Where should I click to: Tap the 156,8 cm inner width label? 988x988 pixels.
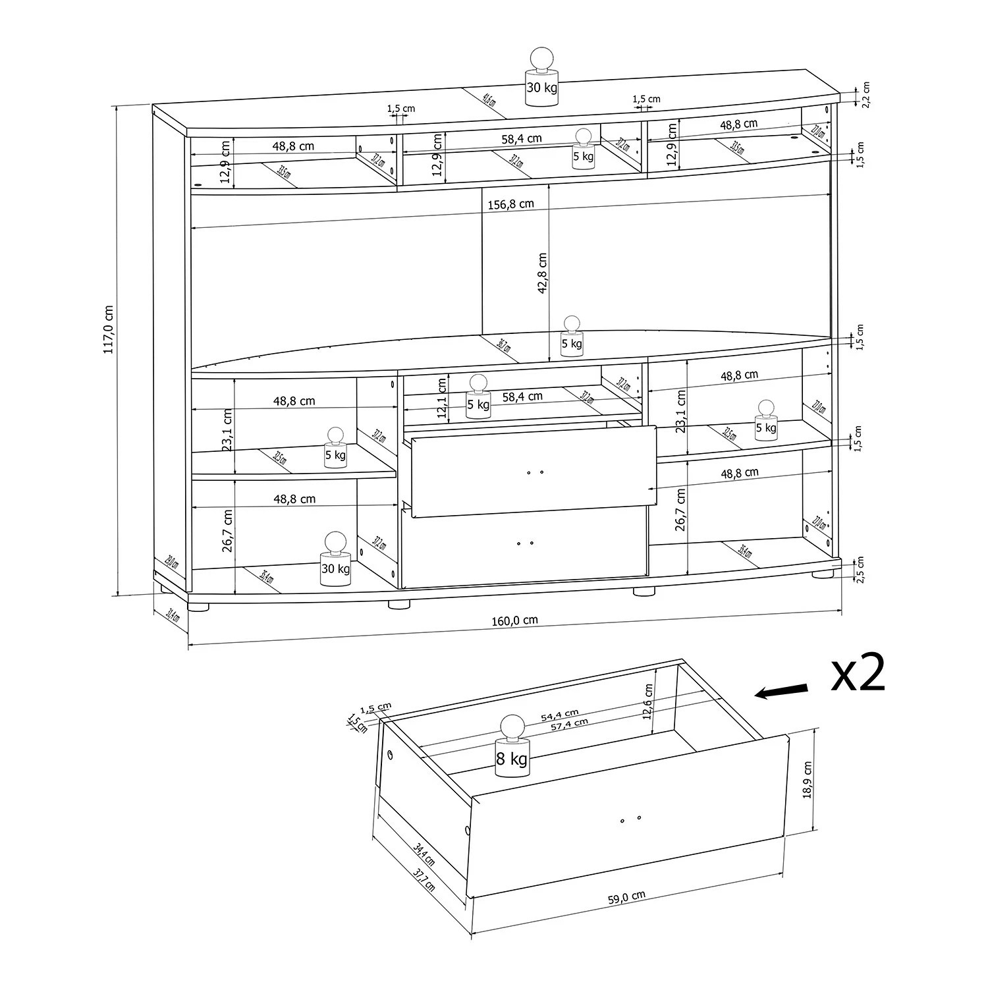pos(510,204)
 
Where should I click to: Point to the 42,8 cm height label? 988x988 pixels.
pos(541,273)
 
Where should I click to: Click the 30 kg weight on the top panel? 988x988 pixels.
pos(541,78)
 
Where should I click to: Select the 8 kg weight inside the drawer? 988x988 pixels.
pos(512,748)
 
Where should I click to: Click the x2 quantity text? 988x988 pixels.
pos(857,674)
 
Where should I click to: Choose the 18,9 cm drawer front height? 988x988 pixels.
pos(808,780)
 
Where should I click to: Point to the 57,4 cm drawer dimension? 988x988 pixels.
pos(570,723)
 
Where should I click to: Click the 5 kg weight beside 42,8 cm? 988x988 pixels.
pos(571,337)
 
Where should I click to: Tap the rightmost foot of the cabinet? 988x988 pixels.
pos(821,574)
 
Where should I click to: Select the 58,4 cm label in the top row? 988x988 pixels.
pos(522,138)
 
